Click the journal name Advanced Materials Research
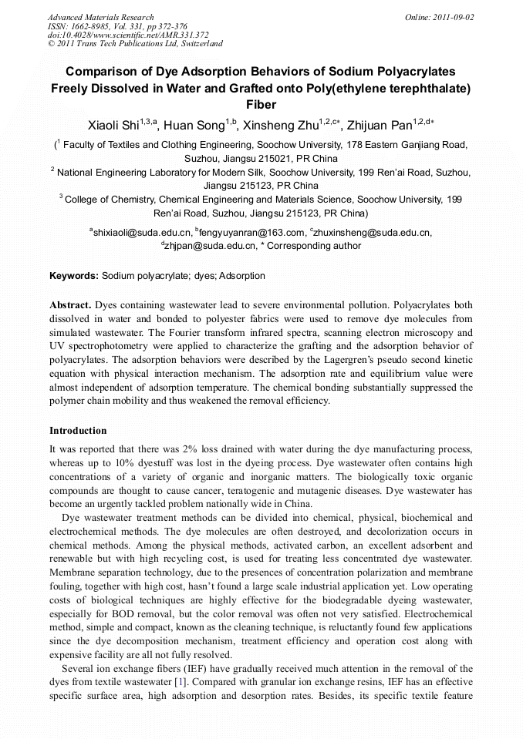coord(100,17)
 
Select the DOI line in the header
coord(127,35)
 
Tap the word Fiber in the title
coord(261,104)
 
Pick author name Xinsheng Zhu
coord(292,125)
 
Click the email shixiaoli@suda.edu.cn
coord(142,232)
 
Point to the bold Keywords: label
coord(74,275)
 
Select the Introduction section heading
coord(78,430)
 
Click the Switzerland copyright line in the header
coord(135,44)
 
